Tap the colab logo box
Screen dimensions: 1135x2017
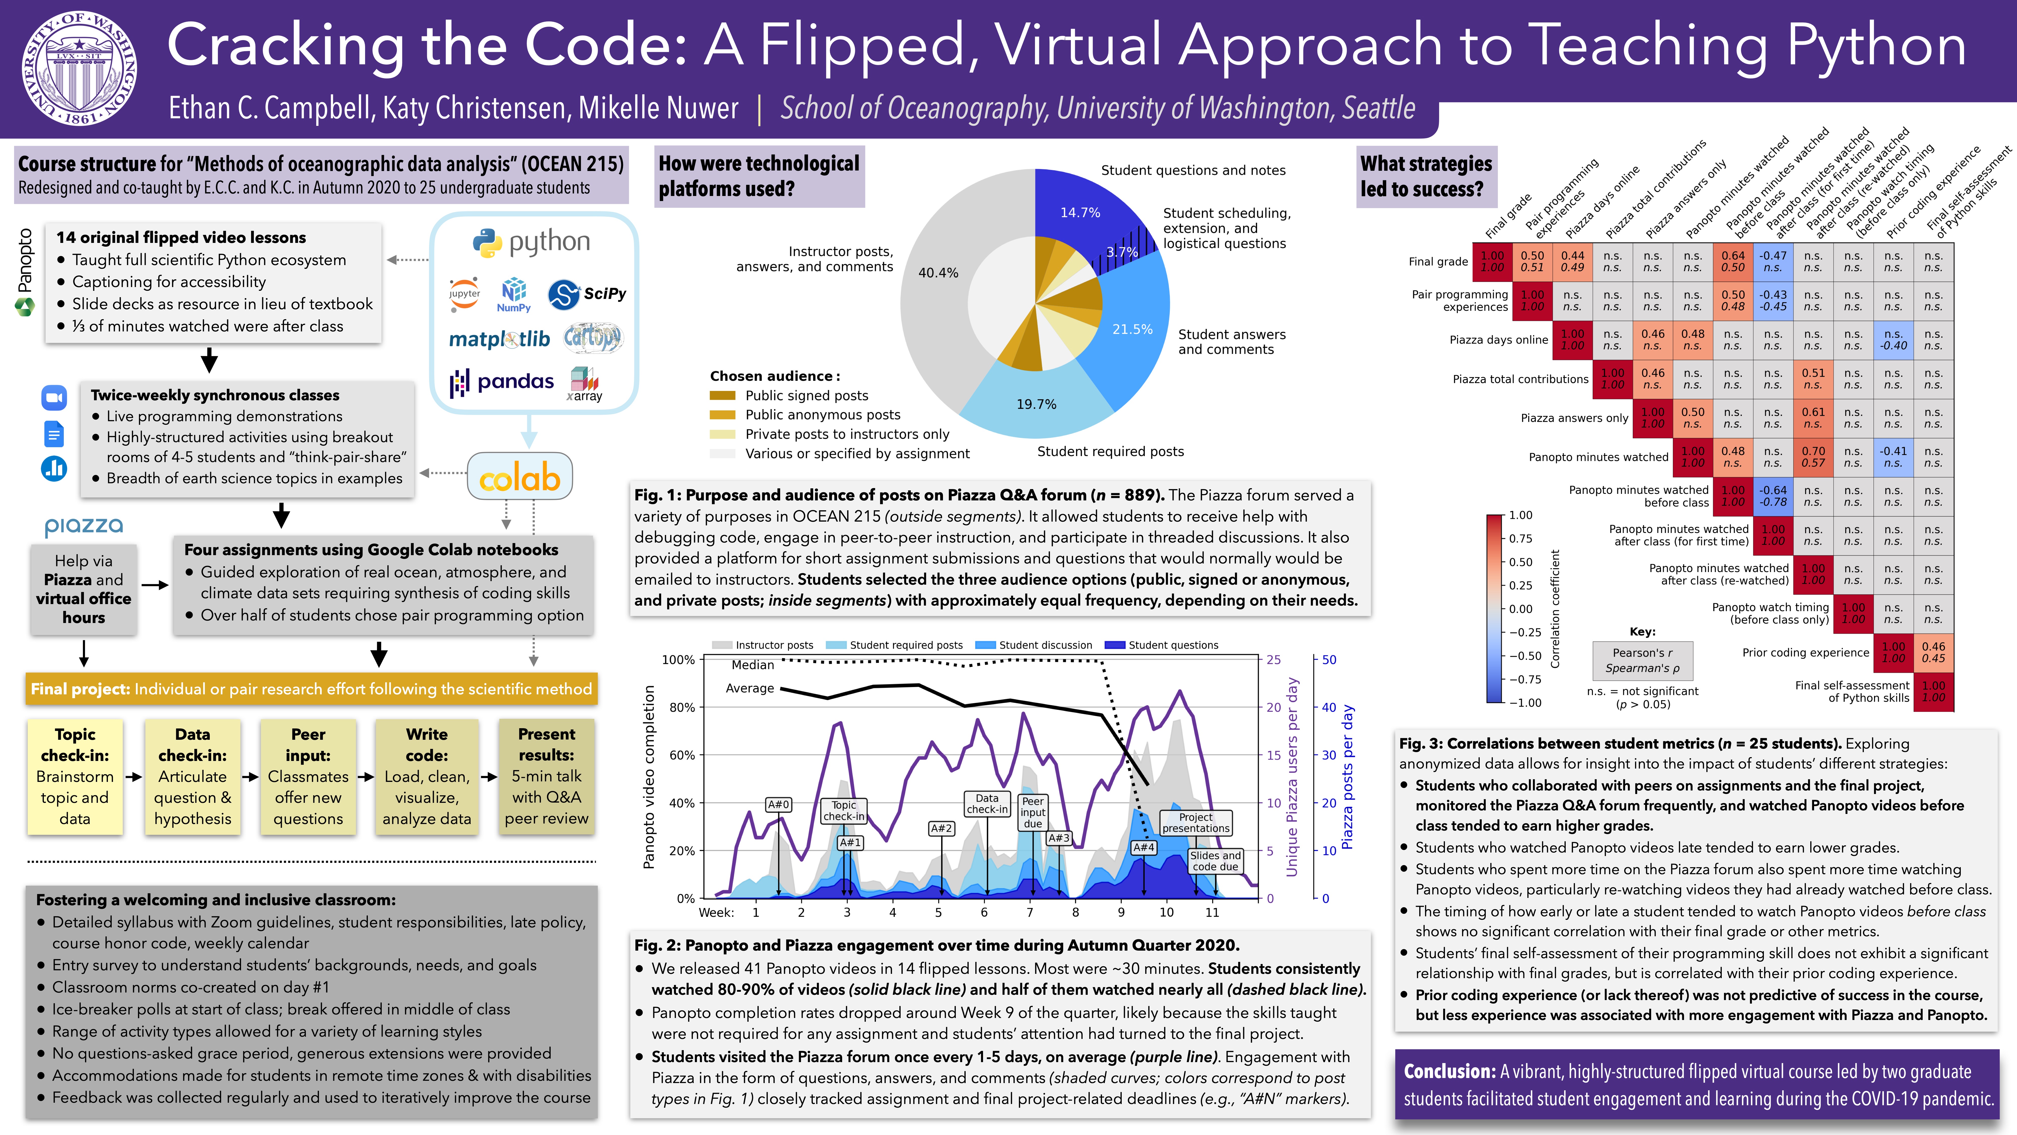(520, 476)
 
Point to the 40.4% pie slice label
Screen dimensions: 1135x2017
(938, 273)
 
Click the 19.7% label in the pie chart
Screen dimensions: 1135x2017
(1036, 404)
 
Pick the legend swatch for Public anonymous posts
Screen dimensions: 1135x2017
(722, 414)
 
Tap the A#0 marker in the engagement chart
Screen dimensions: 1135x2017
(778, 804)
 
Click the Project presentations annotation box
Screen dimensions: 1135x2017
(1196, 822)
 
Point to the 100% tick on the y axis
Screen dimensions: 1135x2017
(678, 660)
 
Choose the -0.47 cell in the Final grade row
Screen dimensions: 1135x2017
(1773, 262)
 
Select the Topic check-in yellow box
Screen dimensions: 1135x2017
(75, 776)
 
